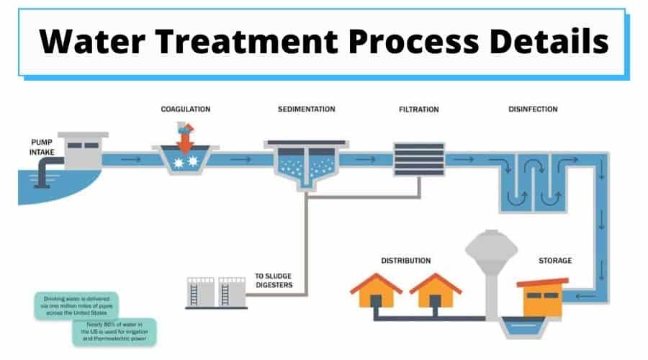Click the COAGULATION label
pyautogui.click(x=186, y=109)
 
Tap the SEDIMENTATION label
pyautogui.click(x=306, y=109)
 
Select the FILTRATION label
pyautogui.click(x=418, y=109)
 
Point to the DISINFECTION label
pyautogui.click(x=533, y=109)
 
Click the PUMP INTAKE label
pyautogui.click(x=42, y=146)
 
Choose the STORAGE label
pyautogui.click(x=555, y=260)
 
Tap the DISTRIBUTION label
pyautogui.click(x=406, y=260)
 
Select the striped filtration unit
pyautogui.click(x=418, y=159)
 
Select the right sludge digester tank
pyautogui.click(x=231, y=292)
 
